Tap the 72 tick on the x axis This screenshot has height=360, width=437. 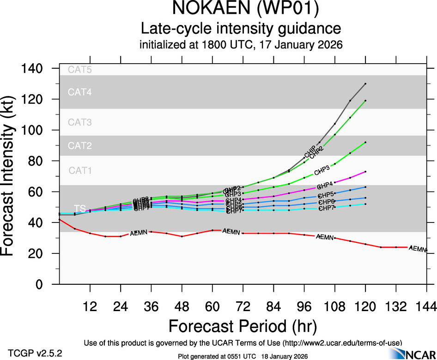pyautogui.click(x=243, y=306)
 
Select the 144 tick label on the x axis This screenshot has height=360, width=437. pyautogui.click(x=426, y=306)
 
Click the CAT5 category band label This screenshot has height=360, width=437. pyautogui.click(x=80, y=70)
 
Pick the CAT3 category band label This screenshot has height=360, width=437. pyautogui.click(x=80, y=122)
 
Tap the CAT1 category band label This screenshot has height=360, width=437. pyautogui.click(x=80, y=170)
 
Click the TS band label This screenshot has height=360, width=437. pyautogui.click(x=80, y=209)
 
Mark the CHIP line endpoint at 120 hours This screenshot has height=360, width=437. pyautogui.click(x=365, y=84)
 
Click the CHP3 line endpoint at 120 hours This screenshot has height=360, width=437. pyautogui.click(x=365, y=142)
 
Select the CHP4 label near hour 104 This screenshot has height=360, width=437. pyautogui.click(x=325, y=186)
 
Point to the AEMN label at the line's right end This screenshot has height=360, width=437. pyautogui.click(x=418, y=249)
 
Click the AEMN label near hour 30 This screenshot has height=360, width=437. pyautogui.click(x=139, y=233)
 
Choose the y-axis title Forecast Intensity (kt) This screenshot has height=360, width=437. pyautogui.click(x=13, y=176)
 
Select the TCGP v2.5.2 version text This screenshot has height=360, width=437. pyautogui.click(x=35, y=353)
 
